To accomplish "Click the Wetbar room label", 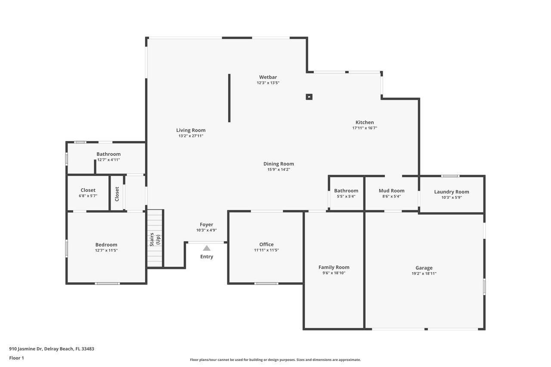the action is point(268,77).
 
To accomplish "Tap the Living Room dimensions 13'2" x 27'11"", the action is point(191,136).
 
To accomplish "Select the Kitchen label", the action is point(365,122).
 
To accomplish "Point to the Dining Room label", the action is point(279,164).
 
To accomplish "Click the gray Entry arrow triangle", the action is point(207,248).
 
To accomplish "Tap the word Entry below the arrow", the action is point(207,256).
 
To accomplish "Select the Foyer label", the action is point(206,225).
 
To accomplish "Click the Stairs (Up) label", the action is point(155,239).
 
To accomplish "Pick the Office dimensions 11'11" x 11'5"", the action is point(266,250).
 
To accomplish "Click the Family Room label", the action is point(334,267).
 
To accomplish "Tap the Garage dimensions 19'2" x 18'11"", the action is point(424,274).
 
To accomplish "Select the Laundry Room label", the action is point(452,192).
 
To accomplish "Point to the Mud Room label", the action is point(391,191).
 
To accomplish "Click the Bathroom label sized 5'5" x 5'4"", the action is point(346,191).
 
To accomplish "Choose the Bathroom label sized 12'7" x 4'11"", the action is point(108,154).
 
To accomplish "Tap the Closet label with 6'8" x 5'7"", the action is point(88,190).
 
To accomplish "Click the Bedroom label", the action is point(106,245).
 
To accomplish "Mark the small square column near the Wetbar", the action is point(309,97).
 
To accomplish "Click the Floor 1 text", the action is point(16,358).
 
